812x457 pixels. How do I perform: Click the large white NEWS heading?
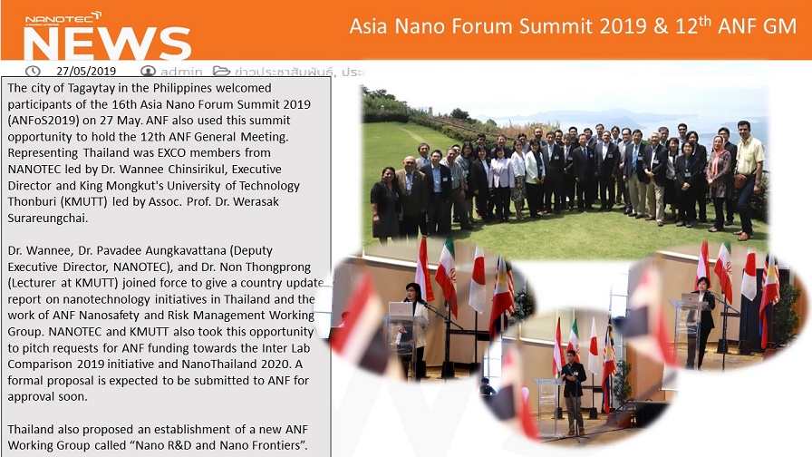click(107, 43)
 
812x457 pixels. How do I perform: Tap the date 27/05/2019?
click(86, 71)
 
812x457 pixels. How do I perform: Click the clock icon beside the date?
click(33, 71)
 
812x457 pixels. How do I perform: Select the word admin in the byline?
click(180, 72)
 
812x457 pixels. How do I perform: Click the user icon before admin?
click(148, 71)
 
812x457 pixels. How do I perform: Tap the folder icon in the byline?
click(221, 71)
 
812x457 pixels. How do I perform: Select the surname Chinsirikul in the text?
click(251, 169)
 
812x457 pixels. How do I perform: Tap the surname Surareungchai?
click(48, 219)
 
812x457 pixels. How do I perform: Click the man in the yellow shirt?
click(749, 180)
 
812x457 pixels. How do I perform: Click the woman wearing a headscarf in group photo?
click(719, 181)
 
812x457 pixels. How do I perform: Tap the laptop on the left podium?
click(401, 309)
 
